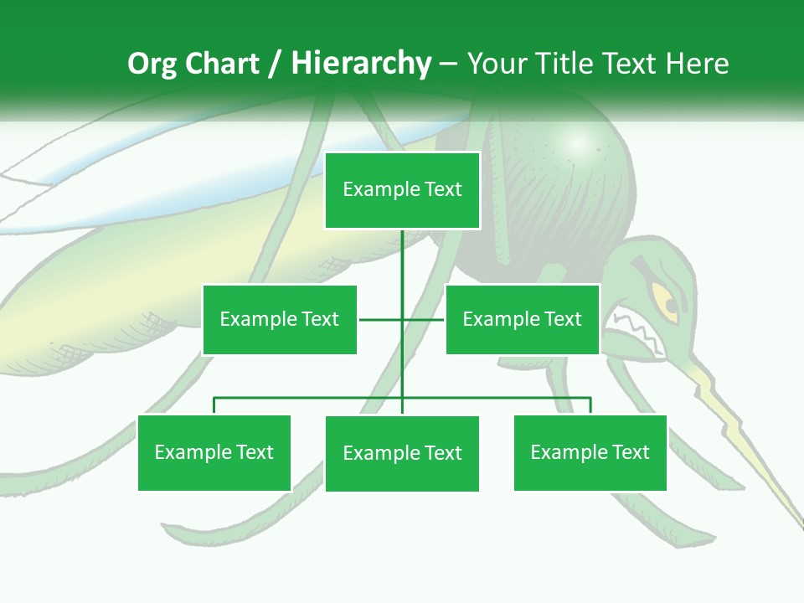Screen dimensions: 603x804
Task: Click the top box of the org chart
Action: pos(402,190)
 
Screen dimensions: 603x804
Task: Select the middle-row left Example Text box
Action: pos(280,319)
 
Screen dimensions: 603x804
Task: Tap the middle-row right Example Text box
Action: pos(523,319)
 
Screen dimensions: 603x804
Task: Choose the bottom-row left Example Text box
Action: pos(214,452)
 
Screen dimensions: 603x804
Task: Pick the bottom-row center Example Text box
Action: pos(402,453)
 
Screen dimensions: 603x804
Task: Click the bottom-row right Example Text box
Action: pos(590,452)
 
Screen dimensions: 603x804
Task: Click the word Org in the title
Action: pos(152,64)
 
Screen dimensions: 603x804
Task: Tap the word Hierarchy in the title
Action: pos(361,64)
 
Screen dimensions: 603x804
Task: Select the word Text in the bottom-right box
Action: pos(631,452)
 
